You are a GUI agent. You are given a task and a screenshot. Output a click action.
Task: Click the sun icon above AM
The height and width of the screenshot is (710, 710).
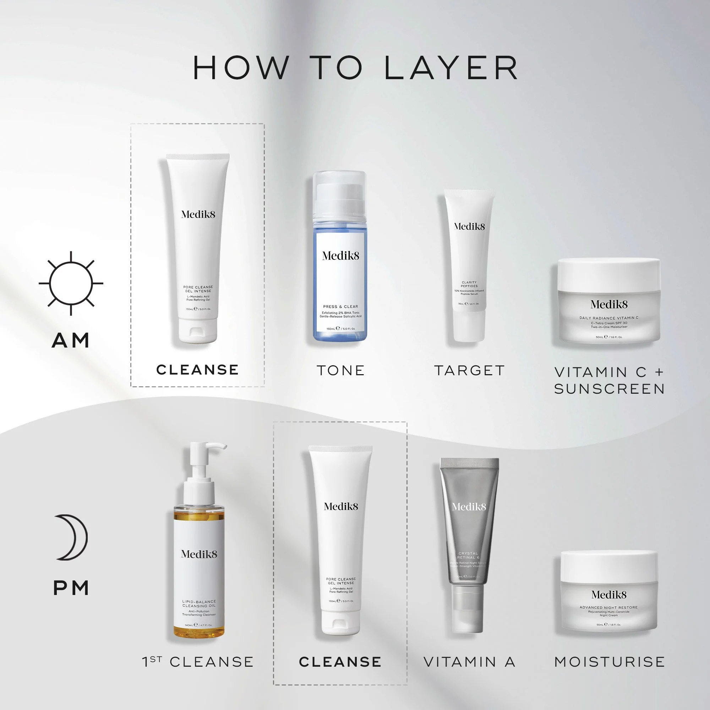(71, 283)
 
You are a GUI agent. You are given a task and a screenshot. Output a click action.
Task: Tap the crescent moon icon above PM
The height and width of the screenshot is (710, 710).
(72, 537)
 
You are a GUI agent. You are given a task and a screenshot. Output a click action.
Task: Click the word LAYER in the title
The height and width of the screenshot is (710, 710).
(451, 69)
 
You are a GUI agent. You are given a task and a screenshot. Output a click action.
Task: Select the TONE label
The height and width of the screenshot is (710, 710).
(341, 370)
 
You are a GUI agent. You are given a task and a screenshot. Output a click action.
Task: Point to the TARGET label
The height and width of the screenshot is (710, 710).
(469, 370)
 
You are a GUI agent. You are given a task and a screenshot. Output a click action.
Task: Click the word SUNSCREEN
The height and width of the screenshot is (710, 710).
(609, 389)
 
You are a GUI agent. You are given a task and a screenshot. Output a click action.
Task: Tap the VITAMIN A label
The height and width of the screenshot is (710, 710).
(469, 662)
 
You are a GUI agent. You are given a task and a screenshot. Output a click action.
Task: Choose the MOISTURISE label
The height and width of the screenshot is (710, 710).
(609, 662)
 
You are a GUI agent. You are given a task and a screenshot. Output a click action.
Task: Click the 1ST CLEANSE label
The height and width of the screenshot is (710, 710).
(198, 662)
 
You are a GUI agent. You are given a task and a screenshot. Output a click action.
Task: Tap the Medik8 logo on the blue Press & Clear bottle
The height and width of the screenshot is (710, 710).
(340, 256)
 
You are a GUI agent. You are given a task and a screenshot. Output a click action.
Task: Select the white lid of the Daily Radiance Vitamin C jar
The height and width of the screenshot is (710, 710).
(608, 274)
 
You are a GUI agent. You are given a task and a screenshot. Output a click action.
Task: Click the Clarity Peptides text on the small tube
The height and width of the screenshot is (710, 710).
(469, 284)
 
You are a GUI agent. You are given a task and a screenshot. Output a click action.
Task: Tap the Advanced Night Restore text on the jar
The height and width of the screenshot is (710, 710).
(608, 607)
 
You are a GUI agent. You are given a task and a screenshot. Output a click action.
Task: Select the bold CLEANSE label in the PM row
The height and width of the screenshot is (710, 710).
(340, 662)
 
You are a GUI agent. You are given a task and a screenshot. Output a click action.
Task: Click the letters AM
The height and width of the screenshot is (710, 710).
(71, 340)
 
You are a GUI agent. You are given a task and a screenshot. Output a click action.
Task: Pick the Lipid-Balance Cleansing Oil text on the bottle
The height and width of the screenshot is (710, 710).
(199, 604)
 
